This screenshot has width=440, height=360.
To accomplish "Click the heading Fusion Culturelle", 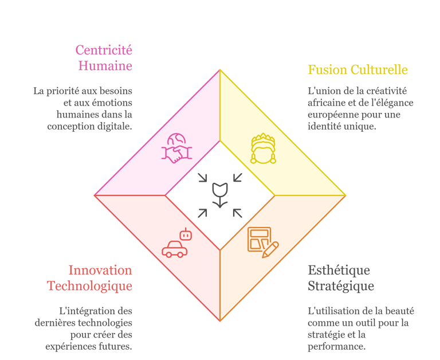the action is pos(357,70).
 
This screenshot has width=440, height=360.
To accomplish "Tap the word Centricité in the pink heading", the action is pos(104,50).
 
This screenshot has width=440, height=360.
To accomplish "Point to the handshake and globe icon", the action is pos(177,148).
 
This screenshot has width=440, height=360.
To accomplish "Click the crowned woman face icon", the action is pos(263,149).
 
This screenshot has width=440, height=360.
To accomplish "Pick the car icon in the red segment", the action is pos(174,249).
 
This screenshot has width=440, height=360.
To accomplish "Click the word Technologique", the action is pos(89,285).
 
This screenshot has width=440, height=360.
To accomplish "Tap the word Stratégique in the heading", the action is pos(340,285).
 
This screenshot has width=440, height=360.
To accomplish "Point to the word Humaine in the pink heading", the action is pos(105,66).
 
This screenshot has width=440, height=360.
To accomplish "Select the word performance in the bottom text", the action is pos(335,347).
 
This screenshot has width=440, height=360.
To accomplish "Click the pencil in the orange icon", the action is pos(270,249).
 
